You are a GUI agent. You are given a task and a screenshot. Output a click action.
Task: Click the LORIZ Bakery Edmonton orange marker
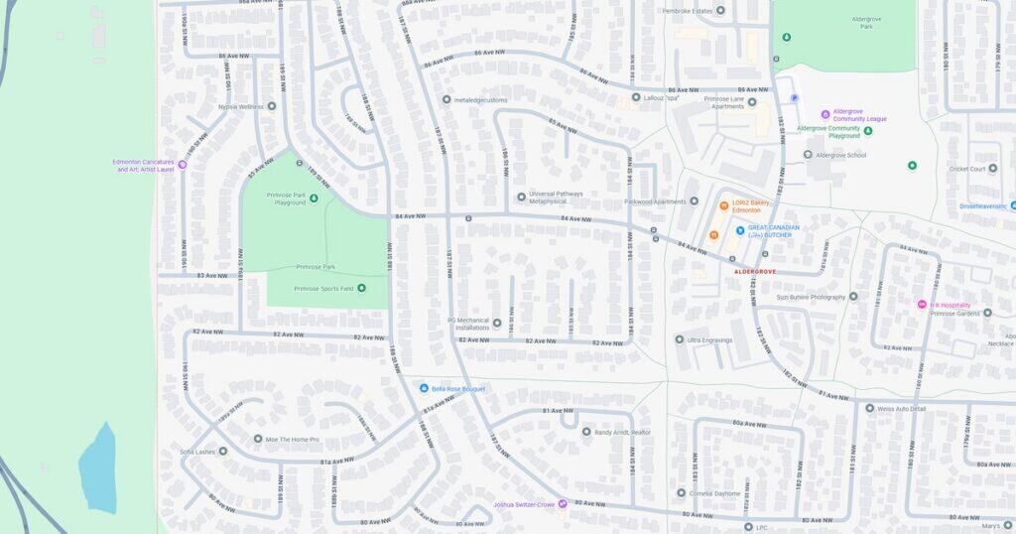[x=724, y=206]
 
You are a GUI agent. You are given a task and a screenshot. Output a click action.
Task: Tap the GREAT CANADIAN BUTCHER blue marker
[x=740, y=230]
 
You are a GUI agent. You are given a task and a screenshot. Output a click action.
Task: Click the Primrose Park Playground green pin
[x=314, y=199]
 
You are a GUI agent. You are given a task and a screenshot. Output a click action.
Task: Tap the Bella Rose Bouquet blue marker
[x=424, y=388]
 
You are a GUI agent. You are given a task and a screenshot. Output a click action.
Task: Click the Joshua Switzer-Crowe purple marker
[x=563, y=504]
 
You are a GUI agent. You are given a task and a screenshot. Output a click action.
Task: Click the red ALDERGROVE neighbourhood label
[x=755, y=271]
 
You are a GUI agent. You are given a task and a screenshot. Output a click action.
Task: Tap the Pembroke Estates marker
[x=720, y=11]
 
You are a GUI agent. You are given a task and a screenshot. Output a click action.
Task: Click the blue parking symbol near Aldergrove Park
[x=793, y=97]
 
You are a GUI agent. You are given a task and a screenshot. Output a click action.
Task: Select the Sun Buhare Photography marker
[x=852, y=296]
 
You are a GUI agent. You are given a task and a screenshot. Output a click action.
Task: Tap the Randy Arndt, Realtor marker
[x=585, y=432]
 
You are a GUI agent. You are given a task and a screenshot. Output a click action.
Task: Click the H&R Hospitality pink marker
[x=921, y=305]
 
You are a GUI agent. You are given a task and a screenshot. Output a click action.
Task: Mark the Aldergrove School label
[x=840, y=155]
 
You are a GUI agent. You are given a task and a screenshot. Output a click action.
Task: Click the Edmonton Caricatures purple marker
[x=182, y=165]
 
